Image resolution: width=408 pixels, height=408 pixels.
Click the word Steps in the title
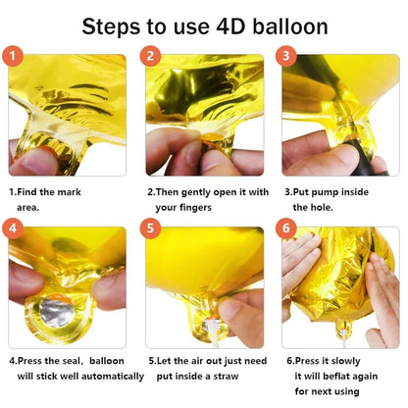(x=117, y=26)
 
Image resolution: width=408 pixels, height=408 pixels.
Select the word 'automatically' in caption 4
(x=97, y=375)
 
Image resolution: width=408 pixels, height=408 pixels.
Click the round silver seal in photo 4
(x=53, y=315)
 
